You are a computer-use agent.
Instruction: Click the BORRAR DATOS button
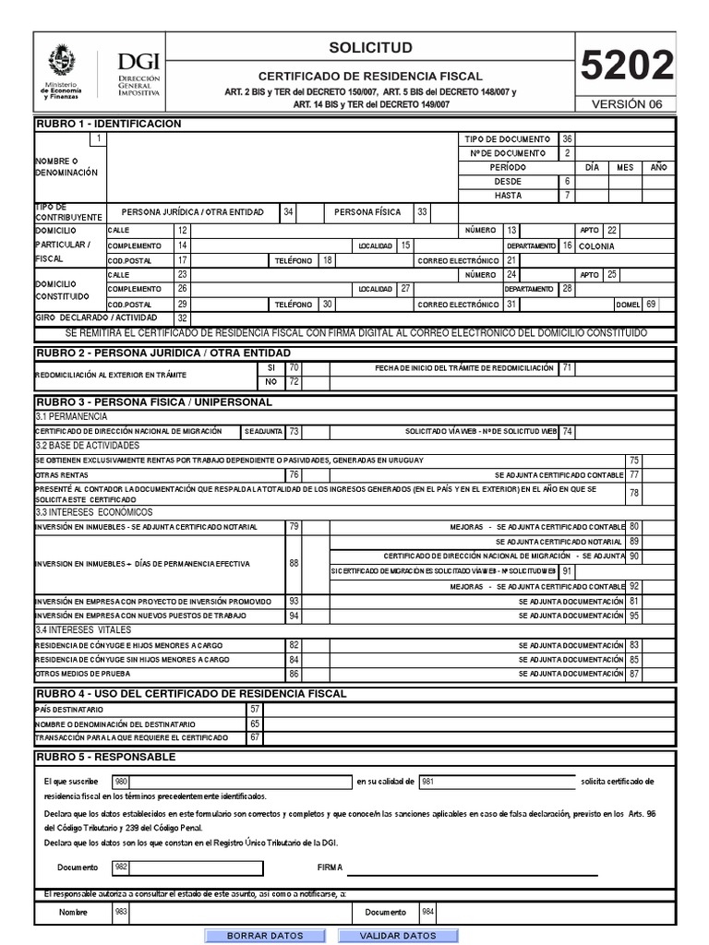[264, 935]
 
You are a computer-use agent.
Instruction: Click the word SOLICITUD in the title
[370, 47]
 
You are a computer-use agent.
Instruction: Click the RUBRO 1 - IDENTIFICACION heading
[108, 124]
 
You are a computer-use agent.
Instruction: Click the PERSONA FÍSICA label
[367, 212]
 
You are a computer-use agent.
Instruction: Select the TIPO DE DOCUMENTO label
[509, 138]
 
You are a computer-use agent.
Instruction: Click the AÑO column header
[657, 167]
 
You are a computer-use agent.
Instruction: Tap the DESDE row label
[509, 182]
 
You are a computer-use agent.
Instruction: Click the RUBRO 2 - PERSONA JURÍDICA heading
[162, 353]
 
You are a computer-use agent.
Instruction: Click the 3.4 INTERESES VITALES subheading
[81, 629]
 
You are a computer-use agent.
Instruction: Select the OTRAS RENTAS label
[60, 474]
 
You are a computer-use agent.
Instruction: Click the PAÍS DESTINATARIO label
[69, 709]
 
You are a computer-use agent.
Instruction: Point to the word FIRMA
[330, 867]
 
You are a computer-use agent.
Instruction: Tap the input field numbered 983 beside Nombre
[231, 912]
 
